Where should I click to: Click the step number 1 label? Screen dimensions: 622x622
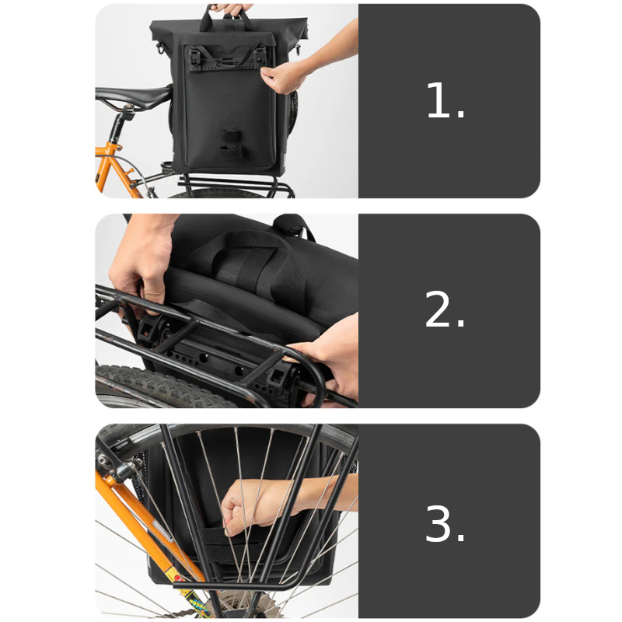pos(445,100)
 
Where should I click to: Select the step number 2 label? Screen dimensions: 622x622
pos(444,309)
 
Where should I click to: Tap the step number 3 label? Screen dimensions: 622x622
pos(445,522)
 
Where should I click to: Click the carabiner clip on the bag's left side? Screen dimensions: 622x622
pos(160,47)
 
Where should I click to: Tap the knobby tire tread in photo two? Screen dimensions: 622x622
pos(159,383)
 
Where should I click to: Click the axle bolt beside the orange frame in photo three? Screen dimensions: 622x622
pos(105,460)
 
